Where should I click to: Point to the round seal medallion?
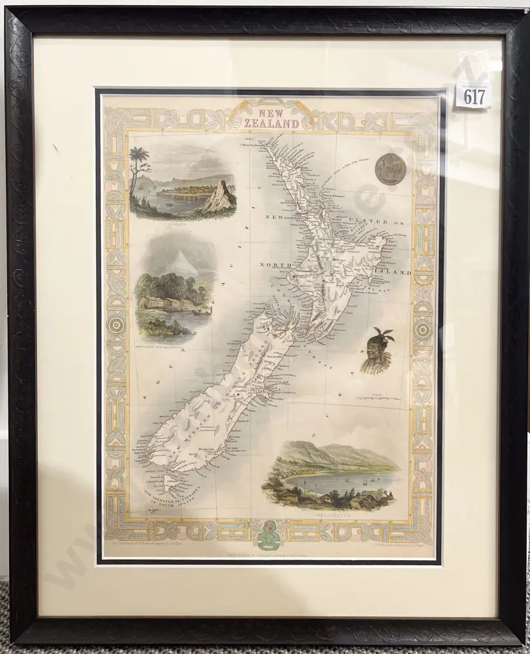pyautogui.click(x=391, y=169)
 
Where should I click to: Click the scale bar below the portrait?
pyautogui.click(x=378, y=399)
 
